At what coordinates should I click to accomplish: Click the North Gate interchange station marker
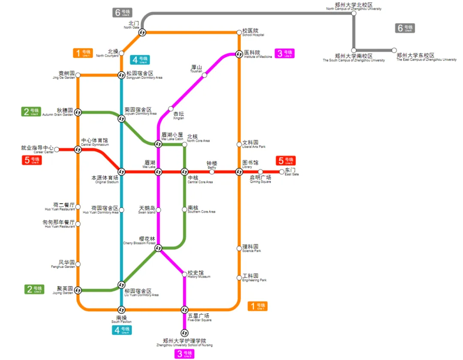[142, 32]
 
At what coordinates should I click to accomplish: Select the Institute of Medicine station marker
[239, 54]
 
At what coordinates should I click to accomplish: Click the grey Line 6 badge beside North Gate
[122, 13]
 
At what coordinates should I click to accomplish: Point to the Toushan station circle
[204, 75]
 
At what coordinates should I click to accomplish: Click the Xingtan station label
[178, 115]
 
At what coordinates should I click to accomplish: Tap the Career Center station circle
[57, 150]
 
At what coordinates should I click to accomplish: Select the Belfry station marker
[212, 172]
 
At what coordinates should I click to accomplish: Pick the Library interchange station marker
[239, 172]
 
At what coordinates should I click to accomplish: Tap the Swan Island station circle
[158, 210]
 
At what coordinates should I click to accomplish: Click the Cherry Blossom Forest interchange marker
[158, 248]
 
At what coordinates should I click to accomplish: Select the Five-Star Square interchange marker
[185, 309]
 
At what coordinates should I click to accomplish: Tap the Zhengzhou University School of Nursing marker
[185, 333]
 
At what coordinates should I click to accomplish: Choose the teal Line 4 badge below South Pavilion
[122, 330]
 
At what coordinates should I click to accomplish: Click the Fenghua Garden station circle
[78, 264]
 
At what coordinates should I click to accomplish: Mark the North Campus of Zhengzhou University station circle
[354, 13]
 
